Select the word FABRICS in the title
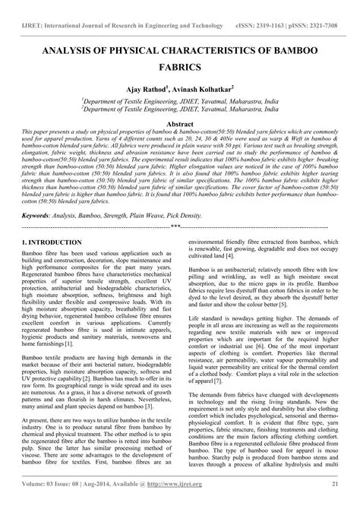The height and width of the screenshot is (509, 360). pos(180,66)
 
